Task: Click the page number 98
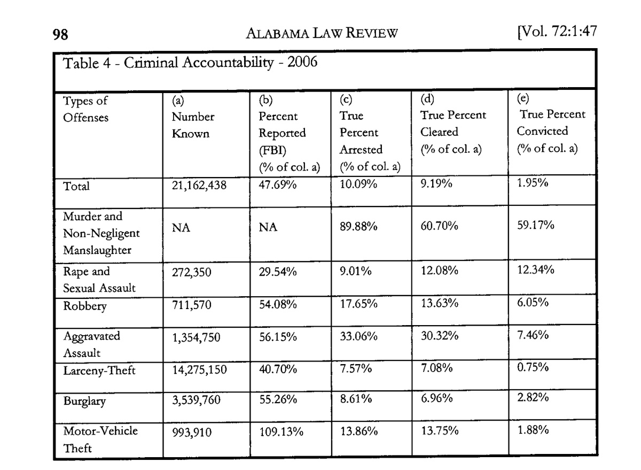pos(60,36)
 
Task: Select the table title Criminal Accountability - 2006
pos(190,63)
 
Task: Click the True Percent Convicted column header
pos(550,122)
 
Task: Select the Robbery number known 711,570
pos(191,306)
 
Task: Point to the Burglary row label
pos(84,402)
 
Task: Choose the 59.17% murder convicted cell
pos(535,226)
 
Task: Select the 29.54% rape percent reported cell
pos(278,272)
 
